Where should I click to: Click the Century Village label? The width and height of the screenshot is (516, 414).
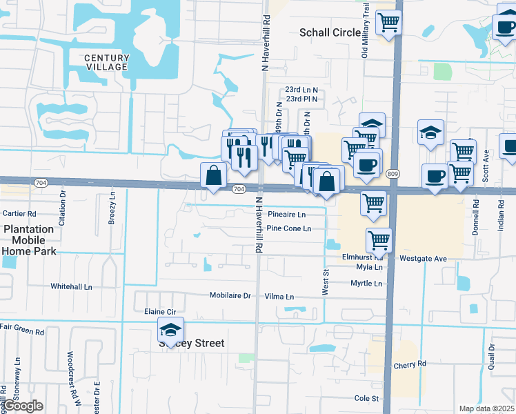pos(106,62)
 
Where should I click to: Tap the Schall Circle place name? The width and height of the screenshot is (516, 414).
pos(330,32)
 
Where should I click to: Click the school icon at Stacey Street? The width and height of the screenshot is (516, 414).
pos(171,331)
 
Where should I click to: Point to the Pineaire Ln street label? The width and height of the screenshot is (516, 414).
pos(286,215)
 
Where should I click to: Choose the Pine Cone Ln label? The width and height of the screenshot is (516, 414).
pos(290,228)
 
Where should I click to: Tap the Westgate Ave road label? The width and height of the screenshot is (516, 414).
pos(424,258)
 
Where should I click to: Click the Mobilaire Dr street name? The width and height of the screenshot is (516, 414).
pos(230,295)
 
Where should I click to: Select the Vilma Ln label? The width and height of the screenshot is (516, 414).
pos(279,297)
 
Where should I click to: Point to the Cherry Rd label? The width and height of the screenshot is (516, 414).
pos(410,364)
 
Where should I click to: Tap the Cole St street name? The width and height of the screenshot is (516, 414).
pos(367,398)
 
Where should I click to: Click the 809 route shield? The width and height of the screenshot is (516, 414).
pos(393,173)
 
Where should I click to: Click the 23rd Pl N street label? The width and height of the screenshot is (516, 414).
pos(302,99)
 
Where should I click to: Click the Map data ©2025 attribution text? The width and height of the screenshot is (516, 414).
pos(486,408)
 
